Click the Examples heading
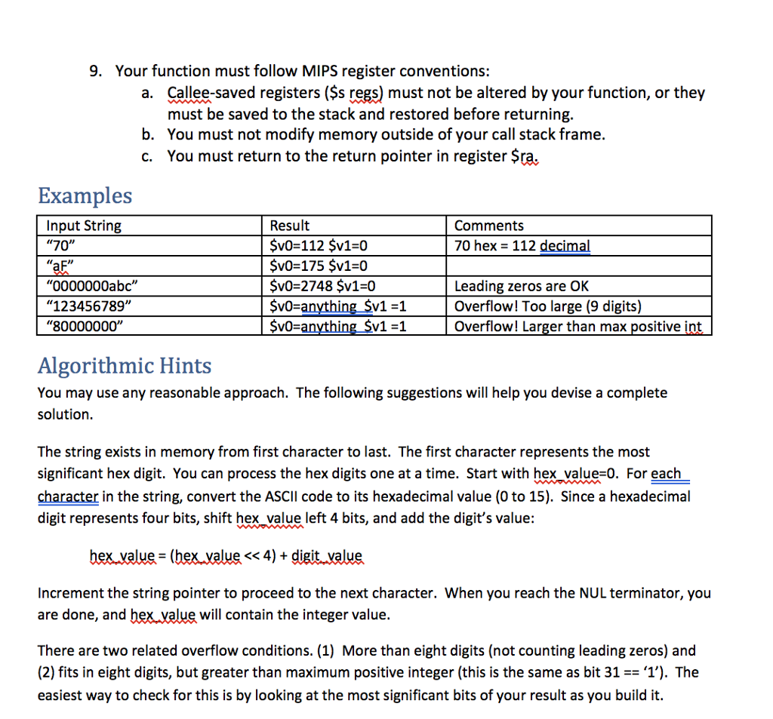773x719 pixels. click(85, 195)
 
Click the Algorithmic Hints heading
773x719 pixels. click(125, 366)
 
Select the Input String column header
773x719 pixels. click(84, 226)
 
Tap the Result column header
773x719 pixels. click(290, 226)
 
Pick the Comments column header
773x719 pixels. click(488, 226)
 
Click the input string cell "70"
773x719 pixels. click(62, 246)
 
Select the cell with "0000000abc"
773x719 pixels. click(93, 286)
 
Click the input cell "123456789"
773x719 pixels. click(88, 306)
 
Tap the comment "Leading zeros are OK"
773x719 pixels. click(521, 286)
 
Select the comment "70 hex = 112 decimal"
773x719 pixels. click(522, 246)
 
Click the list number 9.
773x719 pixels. click(95, 72)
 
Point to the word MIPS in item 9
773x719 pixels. click(320, 72)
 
